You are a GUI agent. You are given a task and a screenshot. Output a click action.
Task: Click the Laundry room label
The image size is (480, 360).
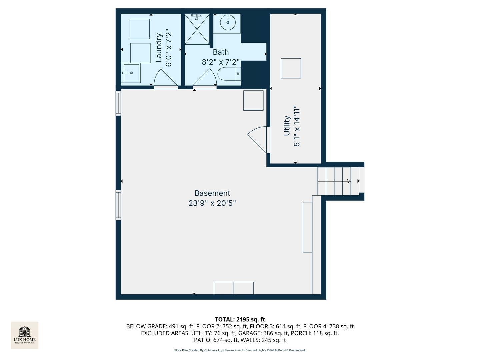coord(159,47)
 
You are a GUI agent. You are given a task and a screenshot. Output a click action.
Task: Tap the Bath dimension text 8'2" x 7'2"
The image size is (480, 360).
coord(221,62)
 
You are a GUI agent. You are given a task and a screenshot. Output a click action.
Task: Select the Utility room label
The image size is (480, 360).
coord(287,126)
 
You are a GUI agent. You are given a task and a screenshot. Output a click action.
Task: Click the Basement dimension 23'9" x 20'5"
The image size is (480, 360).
coord(212,203)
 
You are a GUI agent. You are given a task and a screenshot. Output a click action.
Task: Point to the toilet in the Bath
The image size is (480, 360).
coord(229,74)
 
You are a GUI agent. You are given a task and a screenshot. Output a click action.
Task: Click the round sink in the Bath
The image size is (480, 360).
coord(228,22)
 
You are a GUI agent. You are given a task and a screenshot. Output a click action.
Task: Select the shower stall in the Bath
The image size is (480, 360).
coord(197,29)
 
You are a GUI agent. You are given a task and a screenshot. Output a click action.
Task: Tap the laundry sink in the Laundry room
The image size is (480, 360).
coord(131,73)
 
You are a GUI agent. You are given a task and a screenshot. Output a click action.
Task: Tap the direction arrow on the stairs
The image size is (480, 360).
coord(348,181)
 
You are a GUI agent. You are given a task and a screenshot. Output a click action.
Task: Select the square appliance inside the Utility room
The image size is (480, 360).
coord(291,68)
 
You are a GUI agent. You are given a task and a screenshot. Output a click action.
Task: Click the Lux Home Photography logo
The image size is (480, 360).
coord(25,335)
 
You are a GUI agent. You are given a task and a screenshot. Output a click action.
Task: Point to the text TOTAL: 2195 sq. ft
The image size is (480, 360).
coord(240,319)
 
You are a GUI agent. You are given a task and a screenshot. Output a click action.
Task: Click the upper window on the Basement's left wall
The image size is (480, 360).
coord(118,103)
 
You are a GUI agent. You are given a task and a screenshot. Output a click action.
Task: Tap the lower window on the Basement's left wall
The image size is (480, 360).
coord(118,205)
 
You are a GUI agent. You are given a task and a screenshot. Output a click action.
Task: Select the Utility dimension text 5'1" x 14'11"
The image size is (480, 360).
coord(297,126)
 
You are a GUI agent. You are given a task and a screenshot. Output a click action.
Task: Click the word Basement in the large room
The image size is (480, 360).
coord(212,193)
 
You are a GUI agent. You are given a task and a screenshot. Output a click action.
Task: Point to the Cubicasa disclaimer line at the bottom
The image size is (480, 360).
coord(240,350)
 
